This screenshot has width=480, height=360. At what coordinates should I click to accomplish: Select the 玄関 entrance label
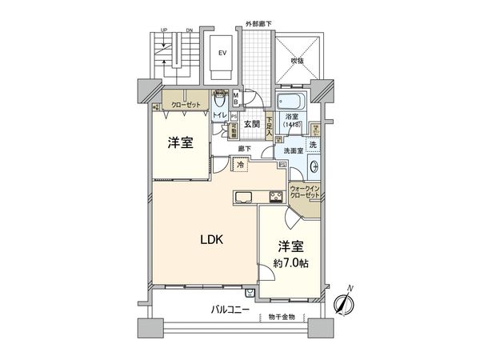254,126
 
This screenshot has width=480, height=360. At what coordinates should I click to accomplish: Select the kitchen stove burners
276,198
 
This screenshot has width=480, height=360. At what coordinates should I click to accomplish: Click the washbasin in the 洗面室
314,167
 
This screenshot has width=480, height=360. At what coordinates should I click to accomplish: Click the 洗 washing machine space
314,144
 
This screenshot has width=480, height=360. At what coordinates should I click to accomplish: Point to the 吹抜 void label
298,60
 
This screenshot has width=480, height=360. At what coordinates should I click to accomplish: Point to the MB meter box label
236,98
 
